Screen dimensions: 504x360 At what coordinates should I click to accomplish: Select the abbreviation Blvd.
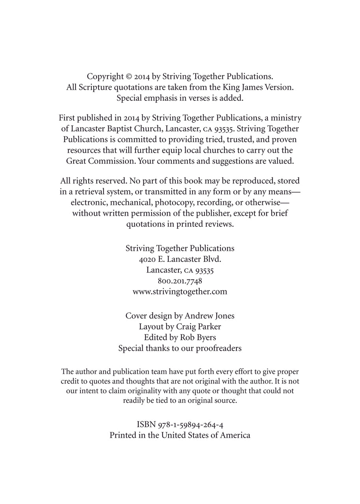pyautogui.click(x=212, y=259)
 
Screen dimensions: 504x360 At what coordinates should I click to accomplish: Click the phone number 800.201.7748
pyautogui.click(x=180, y=281)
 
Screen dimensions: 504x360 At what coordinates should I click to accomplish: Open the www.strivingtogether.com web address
pyautogui.click(x=180, y=292)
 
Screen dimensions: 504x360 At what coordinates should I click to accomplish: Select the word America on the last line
pyautogui.click(x=235, y=435)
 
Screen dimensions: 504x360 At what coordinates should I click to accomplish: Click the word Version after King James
pyautogui.click(x=280, y=87)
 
